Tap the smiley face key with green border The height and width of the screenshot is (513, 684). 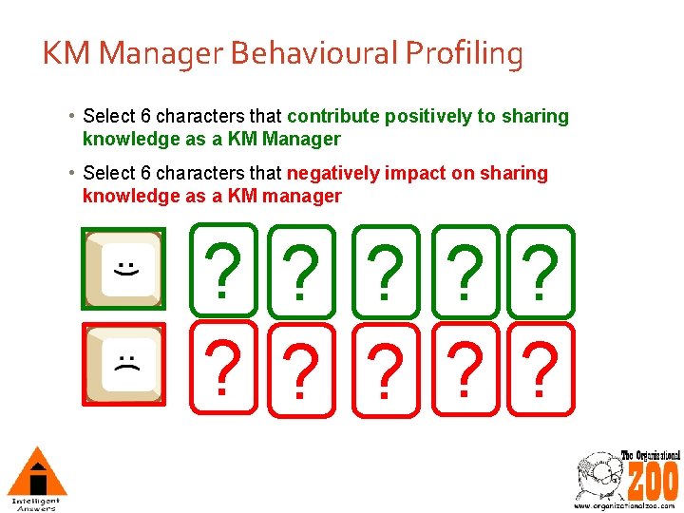(x=123, y=270)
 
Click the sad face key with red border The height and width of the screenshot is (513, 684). (x=123, y=364)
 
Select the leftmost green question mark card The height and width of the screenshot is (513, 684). (x=223, y=270)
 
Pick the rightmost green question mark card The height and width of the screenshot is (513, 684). (x=541, y=271)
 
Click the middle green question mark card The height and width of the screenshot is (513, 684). (x=384, y=272)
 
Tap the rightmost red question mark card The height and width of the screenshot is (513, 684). (x=541, y=368)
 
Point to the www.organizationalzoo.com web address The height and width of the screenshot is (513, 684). (x=624, y=505)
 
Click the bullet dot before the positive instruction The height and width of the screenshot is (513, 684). (x=73, y=117)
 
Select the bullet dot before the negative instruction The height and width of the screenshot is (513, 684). (x=73, y=174)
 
